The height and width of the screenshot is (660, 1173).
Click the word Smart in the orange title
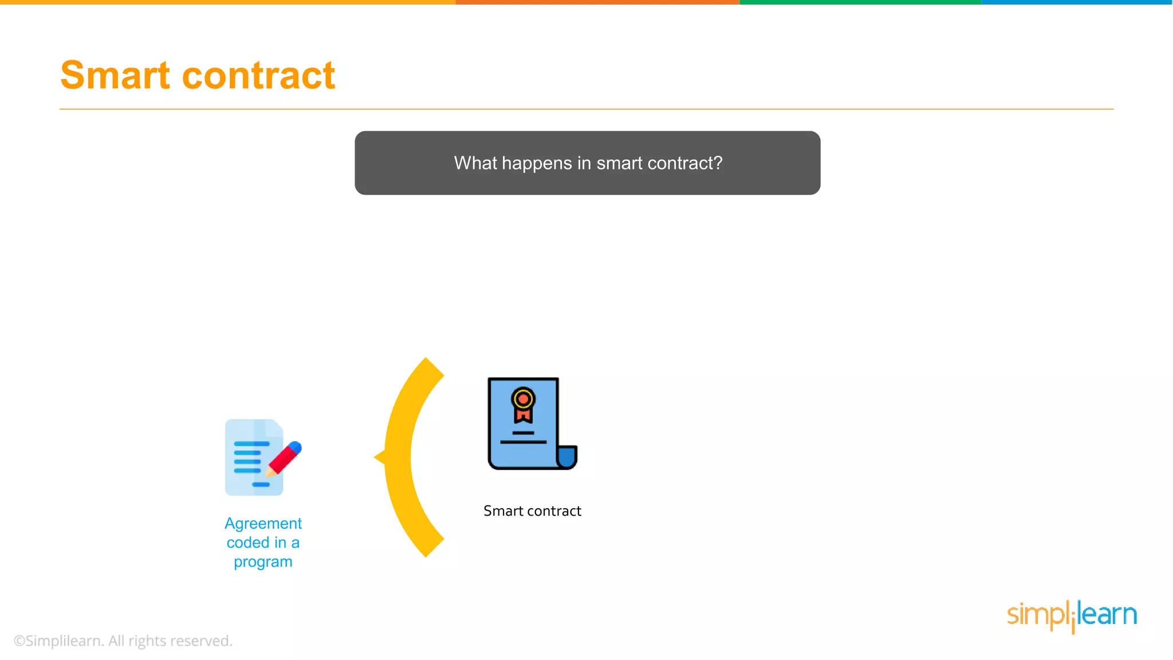coord(115,76)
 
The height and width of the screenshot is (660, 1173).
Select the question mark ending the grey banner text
coord(718,163)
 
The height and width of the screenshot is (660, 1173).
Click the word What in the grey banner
coord(475,163)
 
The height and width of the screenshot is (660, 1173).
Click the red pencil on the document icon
coord(285,458)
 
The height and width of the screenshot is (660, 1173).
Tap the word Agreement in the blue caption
coord(263,524)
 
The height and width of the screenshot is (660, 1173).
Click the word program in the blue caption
coord(263,562)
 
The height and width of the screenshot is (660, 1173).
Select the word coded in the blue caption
coord(247,543)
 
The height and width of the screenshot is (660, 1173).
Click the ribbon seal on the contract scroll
coord(523,404)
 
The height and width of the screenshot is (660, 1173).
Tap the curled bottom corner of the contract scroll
coord(567,458)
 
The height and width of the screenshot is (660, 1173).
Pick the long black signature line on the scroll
coord(523,442)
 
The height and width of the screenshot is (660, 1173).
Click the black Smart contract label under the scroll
coord(532,511)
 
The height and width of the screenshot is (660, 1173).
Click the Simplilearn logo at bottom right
coord(1072,616)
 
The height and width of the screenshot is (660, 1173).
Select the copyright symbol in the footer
coord(19,641)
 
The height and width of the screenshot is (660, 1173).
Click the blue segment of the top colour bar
coord(1077,2)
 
